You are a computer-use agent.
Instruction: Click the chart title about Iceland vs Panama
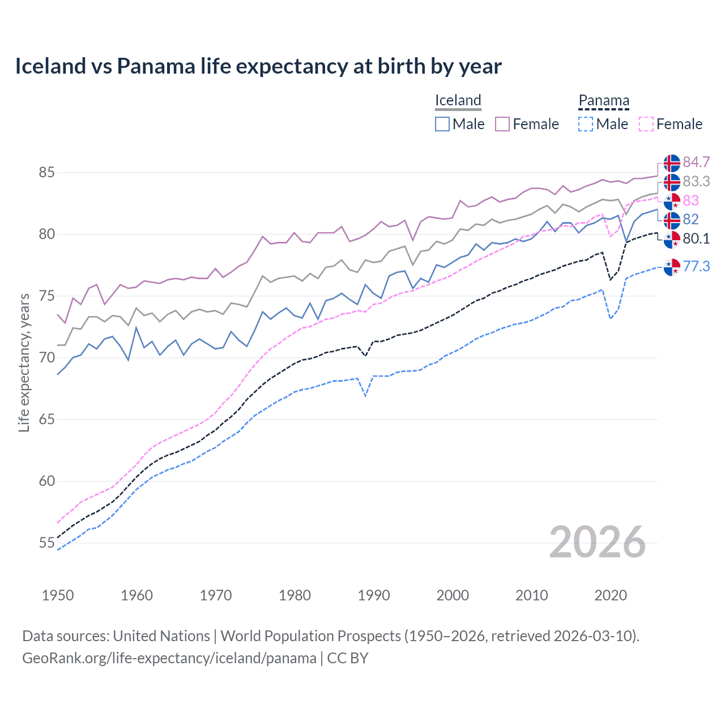point(258,66)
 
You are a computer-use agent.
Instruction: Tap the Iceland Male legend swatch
point(442,124)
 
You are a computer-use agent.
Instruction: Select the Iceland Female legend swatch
point(502,124)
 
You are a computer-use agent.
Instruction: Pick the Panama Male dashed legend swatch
point(586,124)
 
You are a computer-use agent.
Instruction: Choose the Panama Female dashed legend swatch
point(646,124)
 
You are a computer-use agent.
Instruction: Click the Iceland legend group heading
point(458,100)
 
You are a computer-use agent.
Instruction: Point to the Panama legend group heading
point(604,100)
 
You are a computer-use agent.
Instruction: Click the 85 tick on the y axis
point(46,172)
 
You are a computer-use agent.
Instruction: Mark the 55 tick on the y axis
point(46,543)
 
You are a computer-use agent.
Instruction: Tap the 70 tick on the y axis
point(46,358)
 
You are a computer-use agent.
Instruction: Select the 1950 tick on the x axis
point(58,595)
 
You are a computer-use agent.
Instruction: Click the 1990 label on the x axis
point(374,595)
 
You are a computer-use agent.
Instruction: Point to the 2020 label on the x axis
point(611,595)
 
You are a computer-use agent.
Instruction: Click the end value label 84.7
point(696,163)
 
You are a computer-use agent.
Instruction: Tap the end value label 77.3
point(696,266)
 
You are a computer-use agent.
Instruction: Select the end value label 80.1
point(696,238)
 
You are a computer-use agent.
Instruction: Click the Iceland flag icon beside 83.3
point(672,182)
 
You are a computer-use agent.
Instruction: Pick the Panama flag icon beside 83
point(672,201)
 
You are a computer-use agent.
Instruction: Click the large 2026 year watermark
point(598,542)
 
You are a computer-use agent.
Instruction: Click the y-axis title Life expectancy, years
point(24,362)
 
